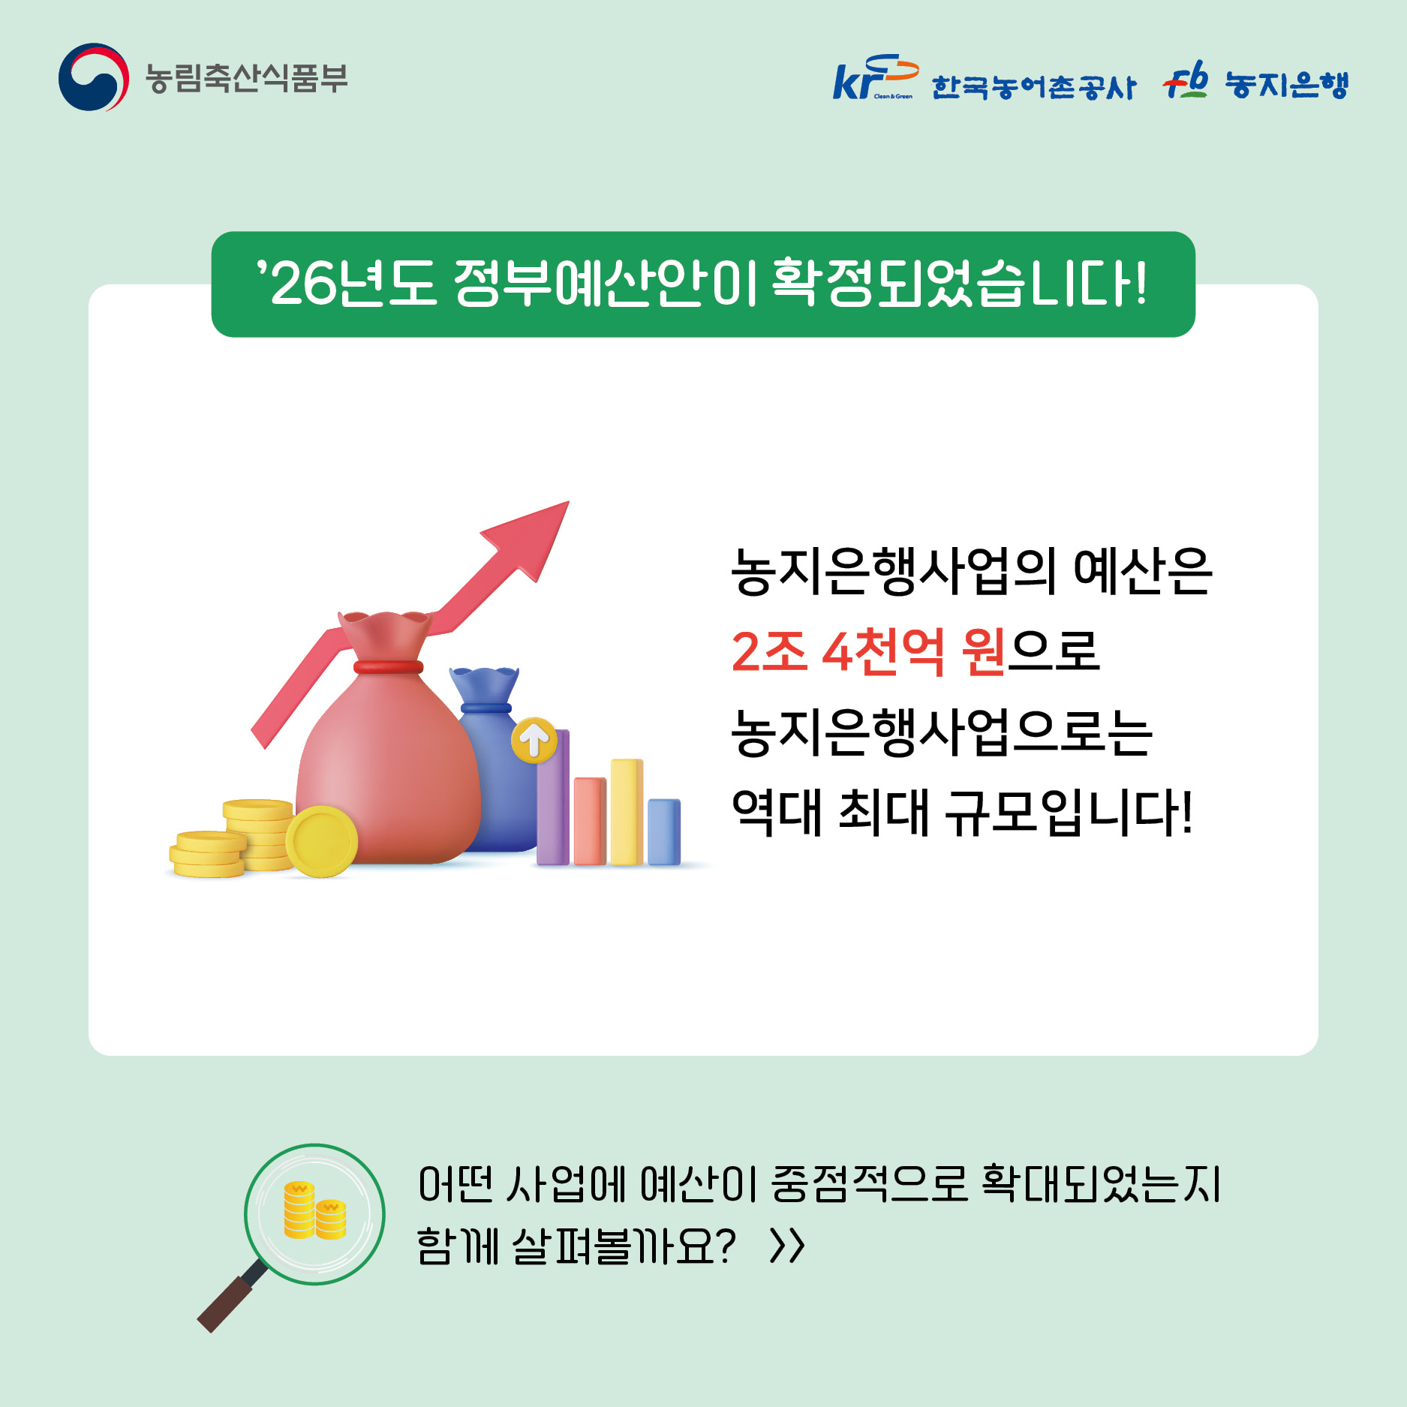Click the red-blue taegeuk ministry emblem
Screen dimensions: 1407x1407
coord(93,77)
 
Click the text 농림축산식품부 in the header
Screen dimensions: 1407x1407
coord(246,78)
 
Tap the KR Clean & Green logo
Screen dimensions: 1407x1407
coord(874,77)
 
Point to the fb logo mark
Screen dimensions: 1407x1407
coord(1186,81)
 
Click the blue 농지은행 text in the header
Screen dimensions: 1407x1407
coord(1287,85)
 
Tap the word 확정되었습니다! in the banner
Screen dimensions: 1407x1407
coord(960,284)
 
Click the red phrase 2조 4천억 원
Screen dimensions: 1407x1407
coord(868,651)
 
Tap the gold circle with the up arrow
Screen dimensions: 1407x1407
coord(534,741)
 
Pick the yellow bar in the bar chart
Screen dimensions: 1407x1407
coord(627,812)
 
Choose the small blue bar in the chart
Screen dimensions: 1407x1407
coord(664,831)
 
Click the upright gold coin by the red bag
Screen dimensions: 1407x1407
coord(322,841)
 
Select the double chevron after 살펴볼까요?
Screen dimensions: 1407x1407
coord(787,1246)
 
